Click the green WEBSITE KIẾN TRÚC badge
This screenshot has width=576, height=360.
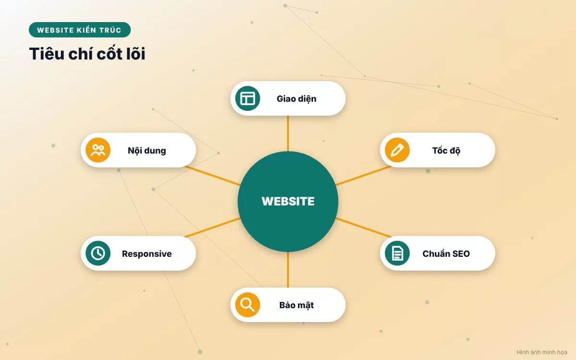coord(80,30)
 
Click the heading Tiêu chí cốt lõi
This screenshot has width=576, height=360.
coord(87,53)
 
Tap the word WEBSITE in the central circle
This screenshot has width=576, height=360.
coord(288,201)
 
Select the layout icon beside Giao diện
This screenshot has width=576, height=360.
coord(248,98)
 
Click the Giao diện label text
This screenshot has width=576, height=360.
coord(297,99)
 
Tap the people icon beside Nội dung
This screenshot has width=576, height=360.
coord(98,150)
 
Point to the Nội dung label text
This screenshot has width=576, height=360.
coord(147,151)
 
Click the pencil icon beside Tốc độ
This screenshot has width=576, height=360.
coord(397,150)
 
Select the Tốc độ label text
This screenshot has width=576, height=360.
coord(446,151)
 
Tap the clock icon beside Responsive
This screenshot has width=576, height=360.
coord(98,253)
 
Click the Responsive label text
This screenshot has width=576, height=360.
coord(147,254)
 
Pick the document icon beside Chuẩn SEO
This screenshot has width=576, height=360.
coord(397,253)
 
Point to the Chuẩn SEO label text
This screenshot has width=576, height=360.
coord(446,254)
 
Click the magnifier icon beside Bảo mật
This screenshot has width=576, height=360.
coord(248,305)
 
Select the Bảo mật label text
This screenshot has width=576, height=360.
coord(297,305)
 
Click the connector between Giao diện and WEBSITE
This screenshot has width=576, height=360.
coord(288,133)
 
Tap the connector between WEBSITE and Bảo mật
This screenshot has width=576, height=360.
coord(288,269)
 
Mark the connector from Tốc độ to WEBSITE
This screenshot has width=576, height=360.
coord(363,176)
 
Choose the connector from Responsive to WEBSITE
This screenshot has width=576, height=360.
coord(213,228)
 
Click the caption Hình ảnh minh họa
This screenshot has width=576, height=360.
coord(542,352)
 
